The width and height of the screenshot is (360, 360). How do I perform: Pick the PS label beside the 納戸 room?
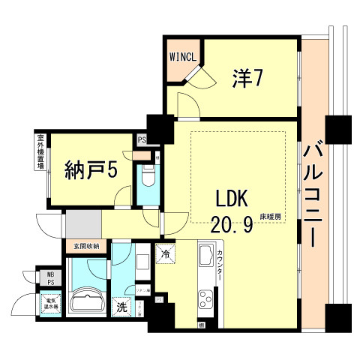[141, 139]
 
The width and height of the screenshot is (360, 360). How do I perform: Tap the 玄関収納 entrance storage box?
[85, 246]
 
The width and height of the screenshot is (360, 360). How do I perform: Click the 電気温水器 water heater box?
[51, 304]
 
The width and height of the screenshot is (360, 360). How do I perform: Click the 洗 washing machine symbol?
[120, 307]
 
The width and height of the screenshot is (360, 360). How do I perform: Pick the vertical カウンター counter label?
[220, 266]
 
